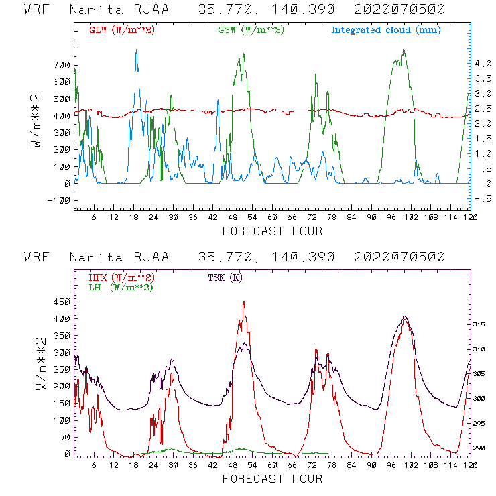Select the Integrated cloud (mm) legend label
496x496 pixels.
[x=386, y=30]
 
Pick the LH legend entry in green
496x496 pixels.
[x=120, y=287]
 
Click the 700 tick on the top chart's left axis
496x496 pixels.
[x=61, y=65]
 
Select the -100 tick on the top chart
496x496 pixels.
[x=58, y=200]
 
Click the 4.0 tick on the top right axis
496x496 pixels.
[x=484, y=63]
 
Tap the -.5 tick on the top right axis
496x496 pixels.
[x=484, y=199]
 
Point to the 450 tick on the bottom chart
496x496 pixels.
[x=61, y=302]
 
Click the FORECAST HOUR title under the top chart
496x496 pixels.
[x=272, y=231]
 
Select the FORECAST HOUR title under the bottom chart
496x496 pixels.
[x=272, y=479]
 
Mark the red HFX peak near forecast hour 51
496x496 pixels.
[x=244, y=302]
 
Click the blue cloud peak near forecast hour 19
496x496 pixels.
[x=136, y=50]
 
